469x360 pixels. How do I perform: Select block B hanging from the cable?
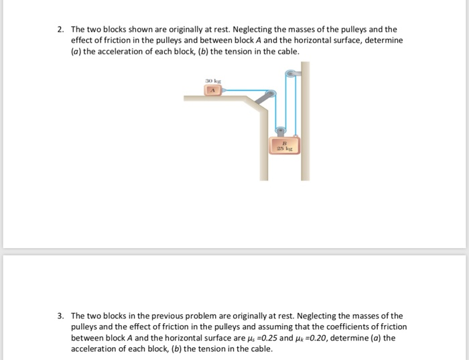[x=284, y=146]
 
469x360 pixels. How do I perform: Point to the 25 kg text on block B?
[x=284, y=149]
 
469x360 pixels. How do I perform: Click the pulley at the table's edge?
[x=271, y=96]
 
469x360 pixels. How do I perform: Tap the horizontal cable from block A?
[x=241, y=88]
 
